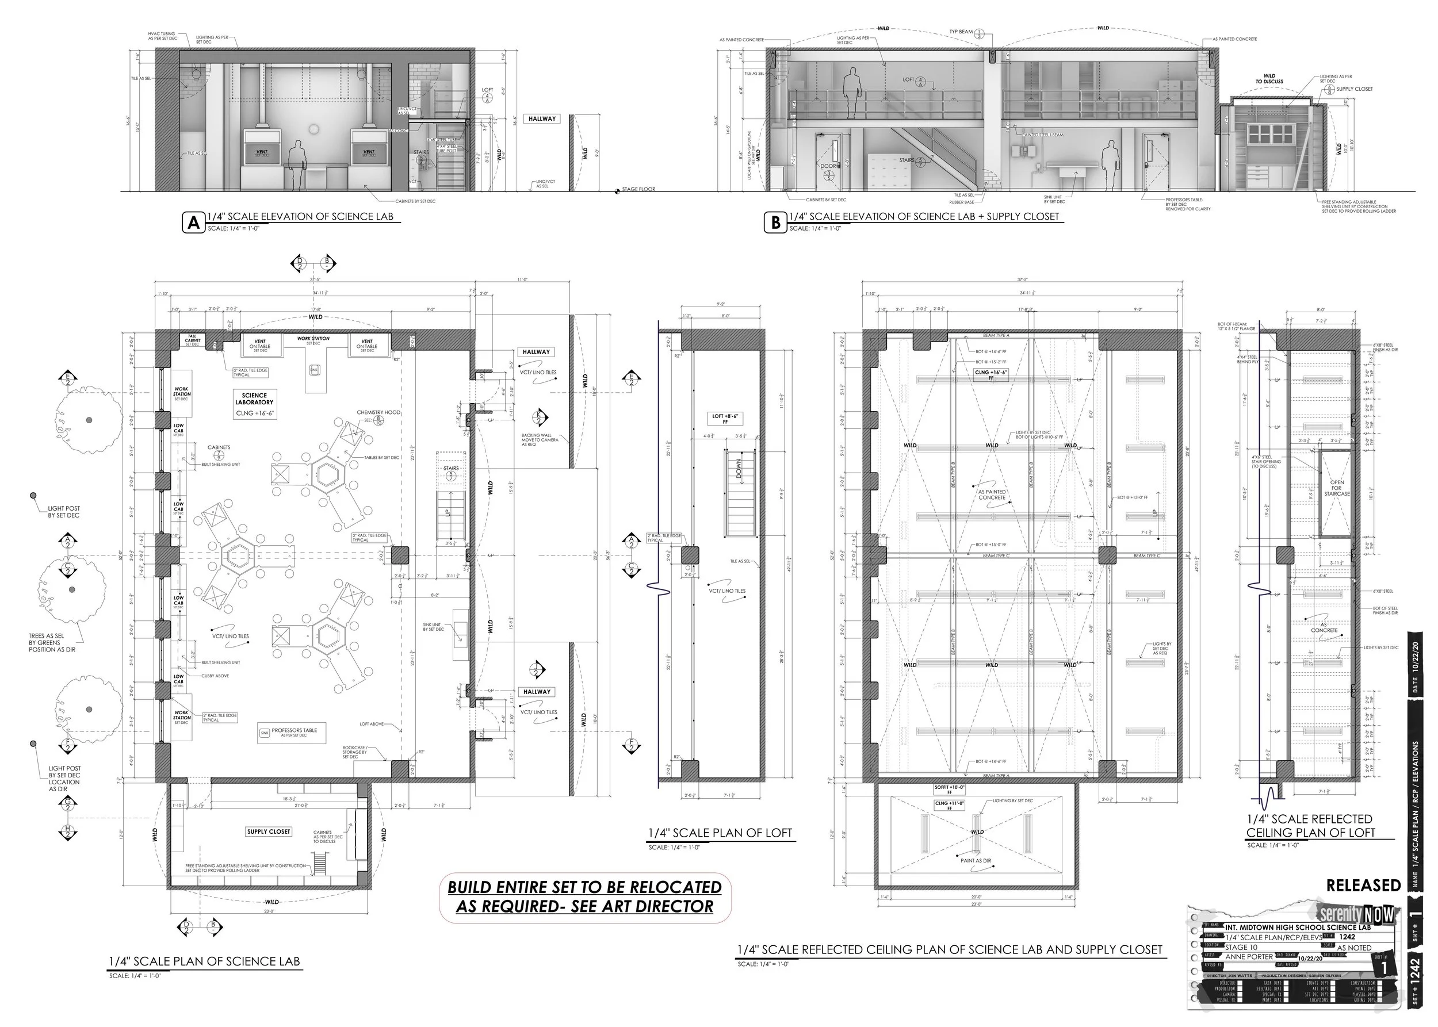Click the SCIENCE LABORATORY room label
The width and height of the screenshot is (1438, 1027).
point(254,398)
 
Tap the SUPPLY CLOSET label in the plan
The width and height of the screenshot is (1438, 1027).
point(268,831)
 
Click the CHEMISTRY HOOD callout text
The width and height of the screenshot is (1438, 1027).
point(378,412)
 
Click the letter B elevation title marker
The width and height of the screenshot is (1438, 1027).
point(775,223)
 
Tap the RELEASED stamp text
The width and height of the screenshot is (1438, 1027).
point(1363,886)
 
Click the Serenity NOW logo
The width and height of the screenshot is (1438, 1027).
point(1356,914)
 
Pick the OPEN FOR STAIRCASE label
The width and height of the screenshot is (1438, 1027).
point(1336,488)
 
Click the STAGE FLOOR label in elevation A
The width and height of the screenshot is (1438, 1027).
point(638,189)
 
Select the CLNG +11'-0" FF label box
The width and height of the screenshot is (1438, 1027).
point(949,806)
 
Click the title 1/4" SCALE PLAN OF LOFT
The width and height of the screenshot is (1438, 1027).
point(720,833)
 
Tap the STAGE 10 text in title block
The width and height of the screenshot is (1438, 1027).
point(1241,947)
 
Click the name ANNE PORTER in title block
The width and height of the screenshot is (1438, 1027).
point(1249,957)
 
